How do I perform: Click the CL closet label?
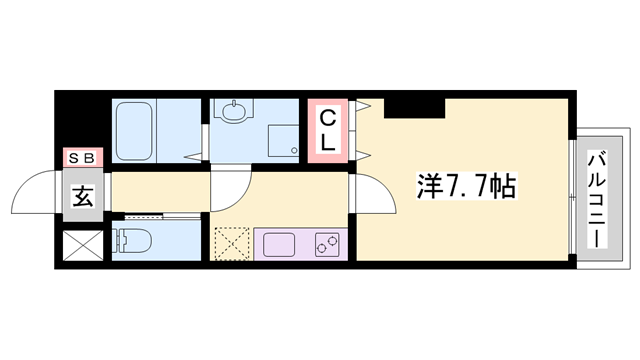point(327,131)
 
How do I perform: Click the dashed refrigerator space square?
point(234,244)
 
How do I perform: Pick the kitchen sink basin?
point(283,244)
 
